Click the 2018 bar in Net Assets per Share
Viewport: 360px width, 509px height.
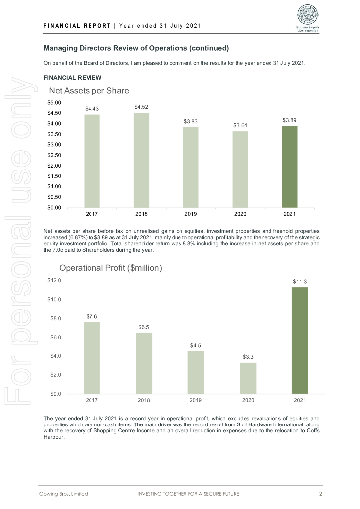tap(141, 160)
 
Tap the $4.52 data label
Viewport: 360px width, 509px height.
tap(141, 107)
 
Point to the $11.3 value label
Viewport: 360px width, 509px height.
tap(300, 281)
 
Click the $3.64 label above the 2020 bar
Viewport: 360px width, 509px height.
tap(240, 125)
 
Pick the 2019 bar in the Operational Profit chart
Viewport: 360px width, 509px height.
tap(196, 372)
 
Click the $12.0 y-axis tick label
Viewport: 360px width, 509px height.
tap(54, 281)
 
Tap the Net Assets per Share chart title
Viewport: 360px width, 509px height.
tap(89, 91)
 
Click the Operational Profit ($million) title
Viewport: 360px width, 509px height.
tap(111, 268)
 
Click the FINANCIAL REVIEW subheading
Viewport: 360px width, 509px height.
tap(73, 78)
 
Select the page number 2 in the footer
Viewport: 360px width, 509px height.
tap(321, 494)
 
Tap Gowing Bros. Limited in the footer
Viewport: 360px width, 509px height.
tap(64, 494)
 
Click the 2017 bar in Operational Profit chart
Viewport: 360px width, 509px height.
tap(91, 358)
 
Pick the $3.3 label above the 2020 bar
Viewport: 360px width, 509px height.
tap(248, 357)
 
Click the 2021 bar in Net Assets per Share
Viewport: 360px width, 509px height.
tap(290, 167)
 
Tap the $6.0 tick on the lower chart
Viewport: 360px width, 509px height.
tap(54, 338)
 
